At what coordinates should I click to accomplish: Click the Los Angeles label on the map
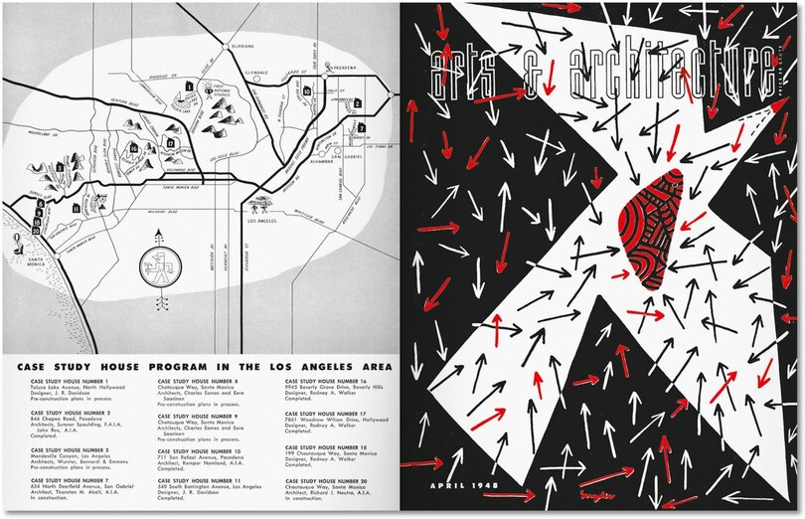pyautogui.click(x=261, y=221)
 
